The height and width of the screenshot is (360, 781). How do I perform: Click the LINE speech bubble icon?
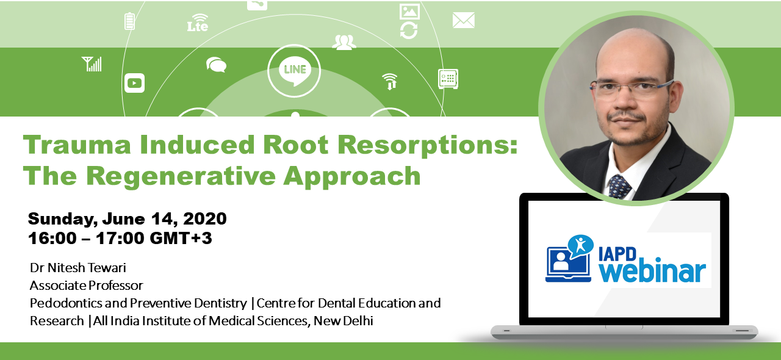[294, 71]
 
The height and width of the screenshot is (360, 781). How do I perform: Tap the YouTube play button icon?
[135, 83]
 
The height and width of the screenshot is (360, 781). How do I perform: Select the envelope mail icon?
[463, 20]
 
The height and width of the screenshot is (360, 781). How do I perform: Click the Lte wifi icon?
[198, 23]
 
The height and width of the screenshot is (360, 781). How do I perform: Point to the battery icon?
[130, 21]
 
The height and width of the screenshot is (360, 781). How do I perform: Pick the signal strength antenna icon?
[92, 64]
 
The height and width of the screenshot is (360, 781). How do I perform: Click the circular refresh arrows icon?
[409, 31]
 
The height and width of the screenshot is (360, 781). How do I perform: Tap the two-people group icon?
[344, 42]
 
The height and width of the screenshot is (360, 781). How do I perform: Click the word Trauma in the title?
[77, 145]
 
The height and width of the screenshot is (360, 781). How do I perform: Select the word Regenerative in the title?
[181, 176]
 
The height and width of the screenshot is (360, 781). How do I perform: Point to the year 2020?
[205, 218]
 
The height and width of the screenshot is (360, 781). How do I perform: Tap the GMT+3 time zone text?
[181, 238]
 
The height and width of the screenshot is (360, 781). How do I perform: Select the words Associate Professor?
[87, 286]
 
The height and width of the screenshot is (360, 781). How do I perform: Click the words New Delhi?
[344, 320]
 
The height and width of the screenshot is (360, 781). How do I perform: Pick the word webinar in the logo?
[652, 272]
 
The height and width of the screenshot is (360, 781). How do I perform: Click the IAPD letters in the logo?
[617, 254]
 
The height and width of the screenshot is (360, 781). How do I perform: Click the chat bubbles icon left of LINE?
[216, 65]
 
